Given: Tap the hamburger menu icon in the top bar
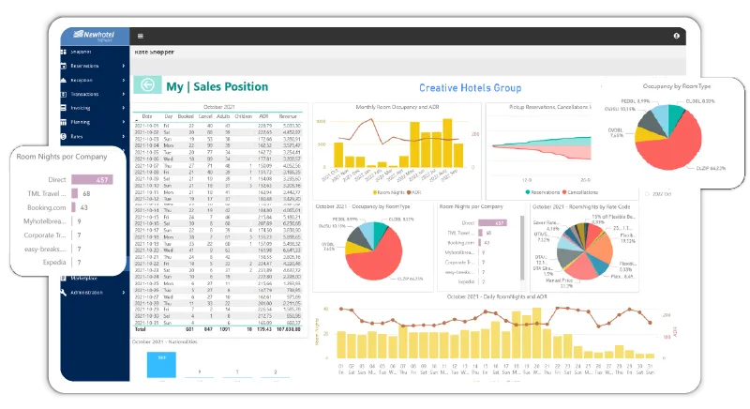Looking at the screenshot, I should pyautogui.click(x=140, y=36).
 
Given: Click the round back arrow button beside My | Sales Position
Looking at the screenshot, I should pyautogui.click(x=148, y=85).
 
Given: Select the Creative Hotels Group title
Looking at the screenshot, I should pyautogui.click(x=469, y=87).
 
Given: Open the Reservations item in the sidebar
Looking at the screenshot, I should pyautogui.click(x=94, y=66).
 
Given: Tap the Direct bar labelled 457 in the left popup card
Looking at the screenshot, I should pyautogui.click(x=92, y=179).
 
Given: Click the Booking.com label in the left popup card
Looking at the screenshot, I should pyautogui.click(x=46, y=207).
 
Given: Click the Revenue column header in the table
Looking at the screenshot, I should pyautogui.click(x=292, y=116).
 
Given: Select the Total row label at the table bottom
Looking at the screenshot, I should pyautogui.click(x=141, y=329).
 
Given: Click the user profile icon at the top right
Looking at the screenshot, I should pyautogui.click(x=676, y=36).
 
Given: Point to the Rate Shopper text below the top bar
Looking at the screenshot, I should pyautogui.click(x=154, y=52).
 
